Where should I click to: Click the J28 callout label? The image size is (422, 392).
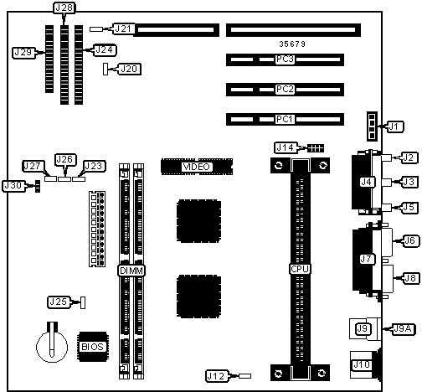(x=64, y=8)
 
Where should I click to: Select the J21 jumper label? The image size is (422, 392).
(x=123, y=28)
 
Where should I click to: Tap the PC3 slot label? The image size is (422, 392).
(x=285, y=59)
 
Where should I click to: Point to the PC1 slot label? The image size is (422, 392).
(x=285, y=119)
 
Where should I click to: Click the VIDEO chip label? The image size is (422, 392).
(x=197, y=167)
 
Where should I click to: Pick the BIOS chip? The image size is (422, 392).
(x=92, y=347)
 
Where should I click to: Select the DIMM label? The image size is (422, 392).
(x=131, y=271)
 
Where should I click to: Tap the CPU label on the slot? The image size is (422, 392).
(x=300, y=269)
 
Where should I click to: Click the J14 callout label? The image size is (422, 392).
(x=286, y=147)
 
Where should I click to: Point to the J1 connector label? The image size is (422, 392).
(x=394, y=126)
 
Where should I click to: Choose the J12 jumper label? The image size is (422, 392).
(x=217, y=376)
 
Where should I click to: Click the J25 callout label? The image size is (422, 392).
(x=59, y=302)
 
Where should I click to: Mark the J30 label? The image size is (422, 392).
(x=13, y=186)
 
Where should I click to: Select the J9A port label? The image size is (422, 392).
(x=403, y=329)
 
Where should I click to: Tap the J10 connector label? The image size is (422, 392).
(x=362, y=364)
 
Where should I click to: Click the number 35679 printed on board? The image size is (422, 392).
(x=292, y=44)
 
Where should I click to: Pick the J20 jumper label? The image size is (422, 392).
(x=130, y=69)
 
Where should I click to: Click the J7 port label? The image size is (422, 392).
(x=367, y=260)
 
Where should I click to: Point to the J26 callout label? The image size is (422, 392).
(x=65, y=159)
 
